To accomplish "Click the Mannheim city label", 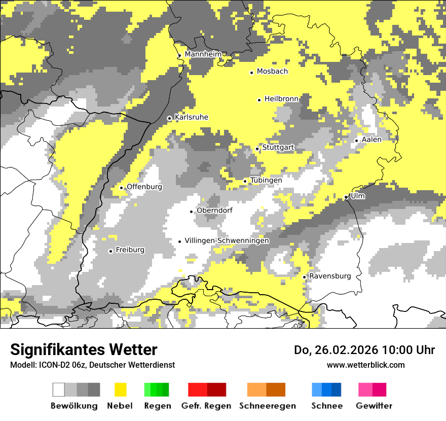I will pyautogui.click(x=203, y=54).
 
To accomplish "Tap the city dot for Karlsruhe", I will pyautogui.click(x=170, y=118).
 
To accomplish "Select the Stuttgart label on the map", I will pyautogui.click(x=278, y=148).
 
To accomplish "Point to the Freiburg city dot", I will pyautogui.click(x=110, y=251).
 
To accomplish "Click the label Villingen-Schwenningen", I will pyautogui.click(x=227, y=241).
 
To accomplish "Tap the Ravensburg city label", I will pyautogui.click(x=330, y=276).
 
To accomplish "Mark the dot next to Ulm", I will pyautogui.click(x=346, y=197).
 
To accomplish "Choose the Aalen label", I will pyautogui.click(x=371, y=139).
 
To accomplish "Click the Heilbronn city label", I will pyautogui.click(x=281, y=99).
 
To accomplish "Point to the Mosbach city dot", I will pyautogui.click(x=251, y=73).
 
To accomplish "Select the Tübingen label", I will pyautogui.click(x=266, y=181).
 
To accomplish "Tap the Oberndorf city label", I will pyautogui.click(x=214, y=210).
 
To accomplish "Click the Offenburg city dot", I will pyautogui.click(x=121, y=188).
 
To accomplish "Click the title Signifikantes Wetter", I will pyautogui.click(x=84, y=350).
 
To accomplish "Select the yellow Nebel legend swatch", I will pyautogui.click(x=121, y=390).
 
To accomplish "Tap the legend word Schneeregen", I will pyautogui.click(x=267, y=406).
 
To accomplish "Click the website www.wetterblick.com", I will pyautogui.click(x=365, y=365).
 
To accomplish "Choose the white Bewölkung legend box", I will pyautogui.click(x=59, y=390).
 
